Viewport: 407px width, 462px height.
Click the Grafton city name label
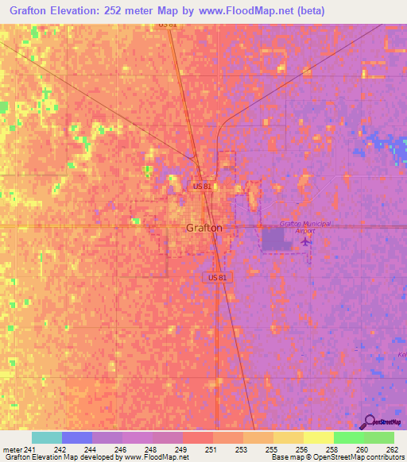tap(204, 228)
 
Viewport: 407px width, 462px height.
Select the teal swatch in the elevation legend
tap(47, 437)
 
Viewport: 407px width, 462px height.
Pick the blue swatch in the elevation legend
tap(77, 437)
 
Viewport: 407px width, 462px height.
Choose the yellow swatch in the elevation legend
tap(318, 437)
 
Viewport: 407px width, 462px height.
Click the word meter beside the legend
tap(12, 449)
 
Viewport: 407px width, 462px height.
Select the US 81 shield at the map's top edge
tap(166, 25)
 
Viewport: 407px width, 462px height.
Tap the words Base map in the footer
tap(282, 457)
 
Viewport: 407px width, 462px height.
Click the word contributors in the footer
tap(382, 457)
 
